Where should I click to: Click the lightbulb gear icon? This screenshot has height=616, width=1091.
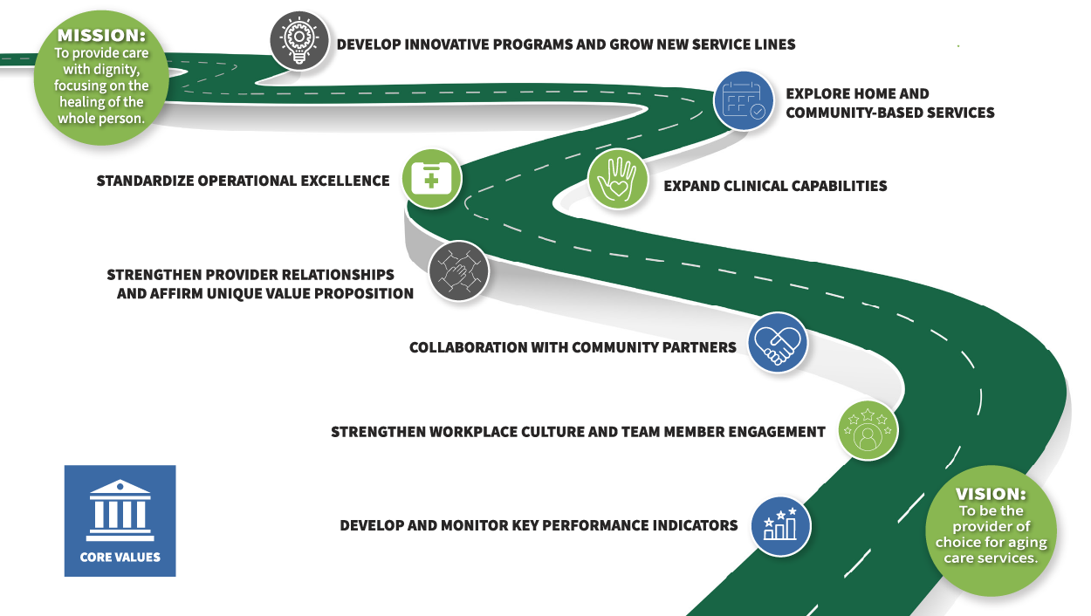(299, 41)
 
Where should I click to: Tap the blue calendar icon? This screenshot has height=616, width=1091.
(744, 101)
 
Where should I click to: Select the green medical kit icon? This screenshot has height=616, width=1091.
(431, 179)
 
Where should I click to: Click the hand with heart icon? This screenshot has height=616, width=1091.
(618, 179)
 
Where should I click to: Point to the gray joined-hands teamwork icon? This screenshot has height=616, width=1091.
(459, 270)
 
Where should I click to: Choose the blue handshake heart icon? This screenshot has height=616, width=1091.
(778, 343)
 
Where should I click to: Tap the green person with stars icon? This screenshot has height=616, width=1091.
(868, 430)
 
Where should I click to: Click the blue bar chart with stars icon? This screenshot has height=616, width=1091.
(781, 526)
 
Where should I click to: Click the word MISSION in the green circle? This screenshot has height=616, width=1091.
(101, 36)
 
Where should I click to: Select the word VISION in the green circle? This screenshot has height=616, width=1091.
(991, 494)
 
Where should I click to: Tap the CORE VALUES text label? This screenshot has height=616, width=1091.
(120, 557)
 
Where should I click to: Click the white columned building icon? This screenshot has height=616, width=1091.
(120, 510)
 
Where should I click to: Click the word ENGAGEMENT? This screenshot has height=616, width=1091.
(777, 432)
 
